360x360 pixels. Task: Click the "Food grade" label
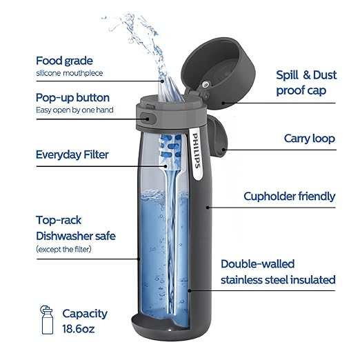pyautogui.click(x=64, y=60)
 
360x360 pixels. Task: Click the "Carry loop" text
pyautogui.click(x=309, y=139)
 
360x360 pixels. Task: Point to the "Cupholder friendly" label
pyautogui.click(x=289, y=197)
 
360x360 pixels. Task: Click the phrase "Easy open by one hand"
pyautogui.click(x=74, y=110)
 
